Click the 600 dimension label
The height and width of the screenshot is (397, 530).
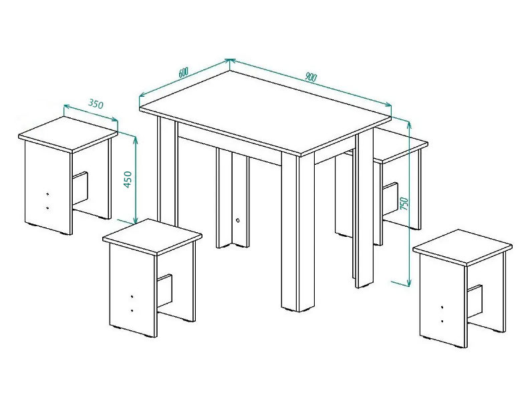click(183, 72)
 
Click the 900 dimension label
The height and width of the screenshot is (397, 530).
click(311, 77)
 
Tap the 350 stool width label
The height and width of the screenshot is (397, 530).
click(96, 104)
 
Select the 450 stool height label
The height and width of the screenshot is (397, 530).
click(128, 179)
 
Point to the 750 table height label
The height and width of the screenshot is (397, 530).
click(404, 204)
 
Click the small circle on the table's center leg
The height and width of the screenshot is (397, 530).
click(238, 220)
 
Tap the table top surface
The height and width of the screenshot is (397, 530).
click(265, 112)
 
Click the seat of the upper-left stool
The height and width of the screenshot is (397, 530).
click(68, 133)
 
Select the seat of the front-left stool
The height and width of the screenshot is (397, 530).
click(152, 236)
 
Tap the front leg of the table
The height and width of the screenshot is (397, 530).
click(298, 232)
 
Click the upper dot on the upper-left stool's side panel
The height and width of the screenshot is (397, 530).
click(47, 194)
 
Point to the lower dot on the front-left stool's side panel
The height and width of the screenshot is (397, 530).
click(132, 310)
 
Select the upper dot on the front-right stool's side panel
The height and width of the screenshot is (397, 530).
click(442, 307)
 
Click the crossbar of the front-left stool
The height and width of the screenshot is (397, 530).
click(165, 290)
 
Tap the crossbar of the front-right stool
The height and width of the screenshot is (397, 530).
click(475, 302)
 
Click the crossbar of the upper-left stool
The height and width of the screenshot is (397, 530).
click(80, 188)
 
